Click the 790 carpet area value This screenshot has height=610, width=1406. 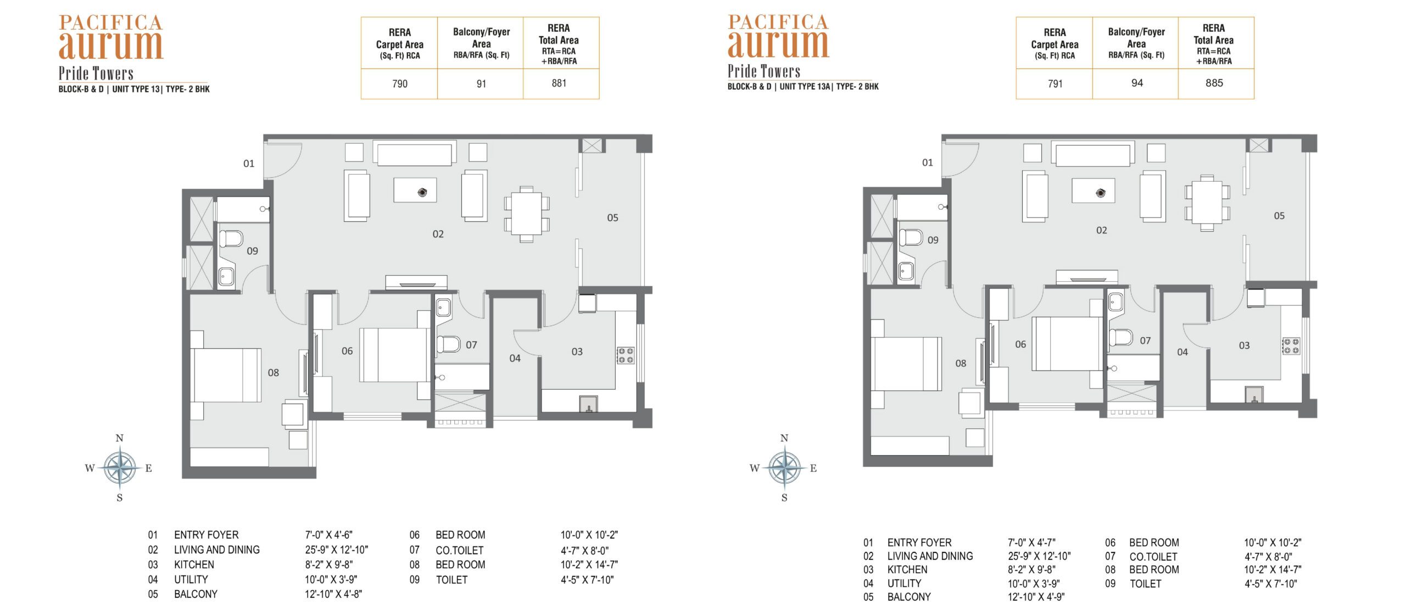pos(400,84)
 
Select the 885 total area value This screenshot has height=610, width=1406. pos(1214,83)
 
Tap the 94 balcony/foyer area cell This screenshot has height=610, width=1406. pos(1137,83)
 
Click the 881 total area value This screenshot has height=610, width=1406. pos(559,83)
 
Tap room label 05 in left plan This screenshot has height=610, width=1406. pos(612,218)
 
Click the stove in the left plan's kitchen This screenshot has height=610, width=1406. pos(626,355)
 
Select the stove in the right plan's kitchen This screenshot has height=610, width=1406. pos(1291,346)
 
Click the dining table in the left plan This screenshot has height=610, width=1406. pos(526,214)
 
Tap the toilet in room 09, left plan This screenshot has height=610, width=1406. pos(231,239)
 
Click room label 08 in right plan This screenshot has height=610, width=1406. pos(961,363)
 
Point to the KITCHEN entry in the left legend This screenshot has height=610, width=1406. pos(194,564)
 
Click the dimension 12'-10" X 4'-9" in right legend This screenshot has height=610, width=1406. pos(1036,597)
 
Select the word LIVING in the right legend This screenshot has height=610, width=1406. pos(902,556)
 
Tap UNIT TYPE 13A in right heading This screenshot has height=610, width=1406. pos(805,87)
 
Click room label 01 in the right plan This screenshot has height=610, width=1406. pos(927,163)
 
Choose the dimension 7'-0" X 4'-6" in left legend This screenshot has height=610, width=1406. pos(328,535)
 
